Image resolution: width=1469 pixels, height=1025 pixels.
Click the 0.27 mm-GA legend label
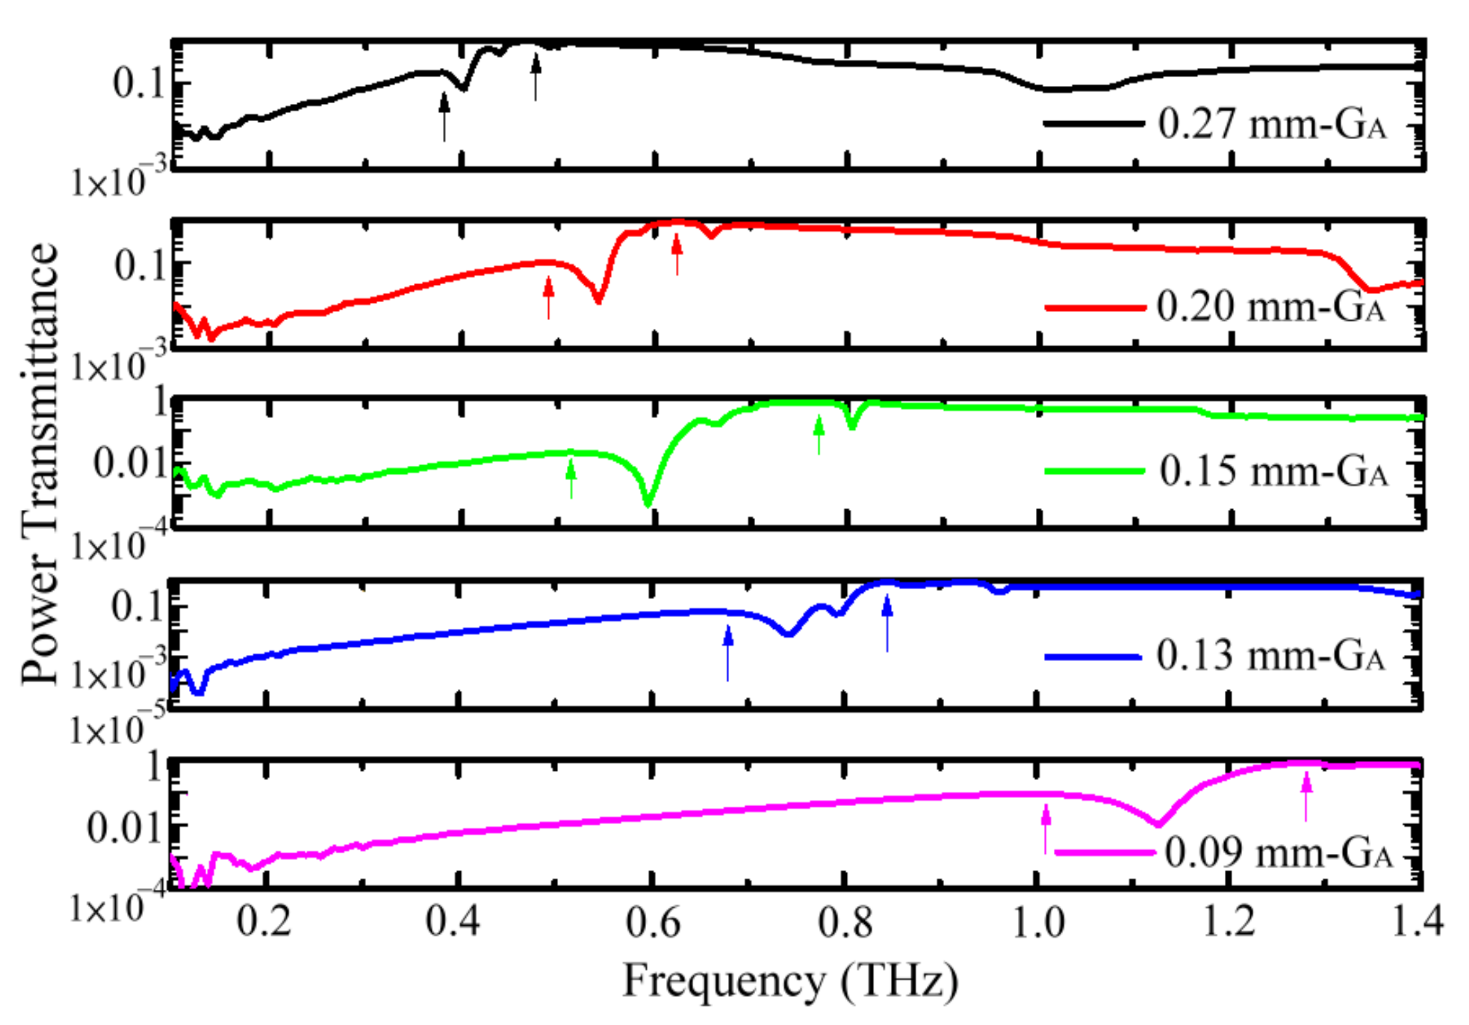click(x=1272, y=124)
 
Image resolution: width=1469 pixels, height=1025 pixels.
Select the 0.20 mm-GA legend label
click(x=1271, y=307)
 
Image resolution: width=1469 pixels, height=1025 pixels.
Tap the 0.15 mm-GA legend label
click(x=1273, y=471)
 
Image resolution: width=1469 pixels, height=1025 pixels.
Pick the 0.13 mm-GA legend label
click(x=1271, y=656)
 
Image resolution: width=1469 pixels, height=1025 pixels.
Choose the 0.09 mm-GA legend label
click(x=1278, y=852)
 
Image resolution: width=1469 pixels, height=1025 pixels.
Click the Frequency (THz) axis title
click(x=790, y=981)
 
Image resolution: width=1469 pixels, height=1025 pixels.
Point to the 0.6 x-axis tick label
click(x=653, y=924)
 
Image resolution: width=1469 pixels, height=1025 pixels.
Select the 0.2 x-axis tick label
click(x=264, y=924)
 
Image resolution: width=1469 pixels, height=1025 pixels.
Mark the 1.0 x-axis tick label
click(x=1038, y=924)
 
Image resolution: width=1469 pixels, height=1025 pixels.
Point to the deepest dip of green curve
click(x=649, y=504)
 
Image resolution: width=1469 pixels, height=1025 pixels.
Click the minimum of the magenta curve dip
click(x=1158, y=825)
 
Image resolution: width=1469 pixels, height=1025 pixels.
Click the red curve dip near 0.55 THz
click(x=598, y=301)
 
